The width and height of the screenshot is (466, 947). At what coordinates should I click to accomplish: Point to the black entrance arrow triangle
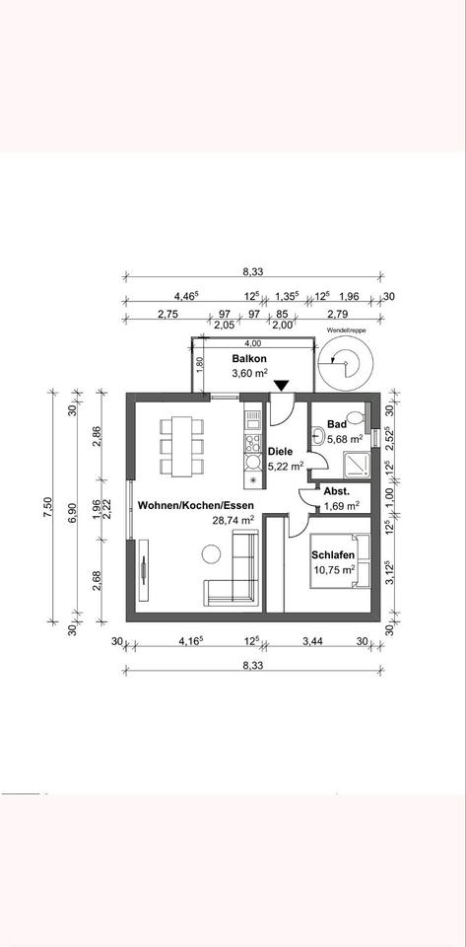point(282,386)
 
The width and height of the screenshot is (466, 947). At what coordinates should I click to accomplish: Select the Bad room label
point(336,424)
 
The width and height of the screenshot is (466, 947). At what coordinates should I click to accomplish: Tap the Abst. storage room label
point(336,490)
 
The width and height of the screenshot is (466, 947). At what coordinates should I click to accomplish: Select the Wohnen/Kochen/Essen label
point(189,504)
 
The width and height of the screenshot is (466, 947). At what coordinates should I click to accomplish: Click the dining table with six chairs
point(182,445)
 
